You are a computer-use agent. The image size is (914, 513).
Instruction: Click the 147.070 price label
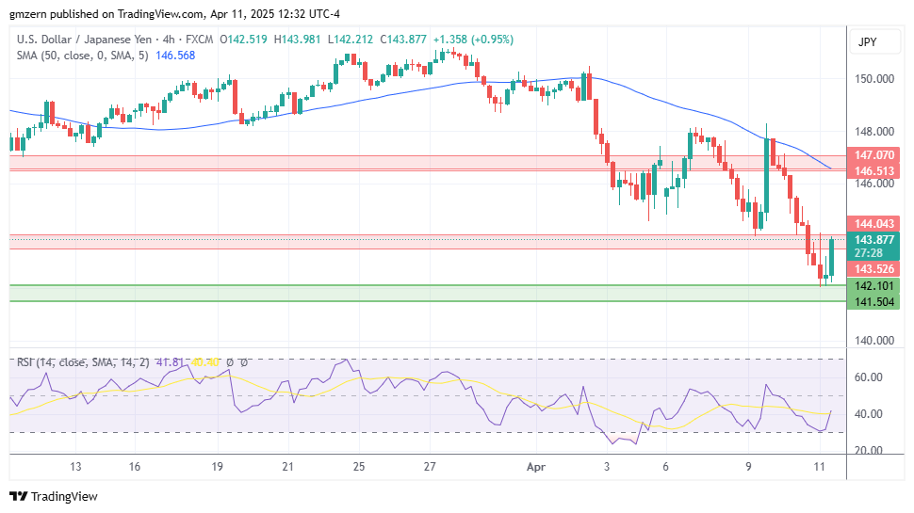874,154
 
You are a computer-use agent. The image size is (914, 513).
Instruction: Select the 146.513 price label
874,171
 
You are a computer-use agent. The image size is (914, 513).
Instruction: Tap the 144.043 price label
874,223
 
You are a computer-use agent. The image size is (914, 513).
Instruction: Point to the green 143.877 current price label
874,239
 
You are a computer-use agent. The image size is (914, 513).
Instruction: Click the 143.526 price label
874,269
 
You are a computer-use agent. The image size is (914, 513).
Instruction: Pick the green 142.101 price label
874,285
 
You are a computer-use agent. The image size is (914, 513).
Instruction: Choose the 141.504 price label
874,301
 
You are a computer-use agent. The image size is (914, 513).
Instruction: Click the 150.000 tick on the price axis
874,79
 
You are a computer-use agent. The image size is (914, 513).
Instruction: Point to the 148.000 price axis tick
874,132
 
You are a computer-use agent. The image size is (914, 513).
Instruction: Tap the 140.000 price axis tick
874,341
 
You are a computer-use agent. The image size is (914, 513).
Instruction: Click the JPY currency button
867,42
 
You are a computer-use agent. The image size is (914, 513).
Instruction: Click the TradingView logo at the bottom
54,496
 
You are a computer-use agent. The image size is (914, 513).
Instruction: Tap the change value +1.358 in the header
448,40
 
